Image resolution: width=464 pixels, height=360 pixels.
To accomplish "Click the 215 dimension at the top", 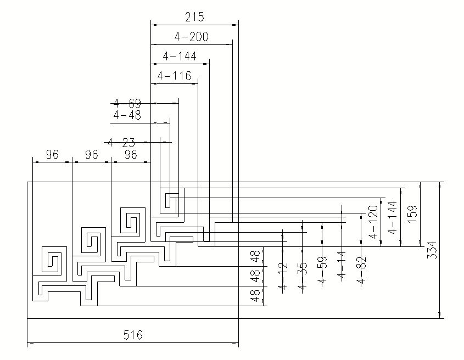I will (194, 17).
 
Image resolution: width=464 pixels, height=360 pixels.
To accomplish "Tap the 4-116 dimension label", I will (174, 76).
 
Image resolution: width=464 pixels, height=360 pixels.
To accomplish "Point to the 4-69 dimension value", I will (127, 103).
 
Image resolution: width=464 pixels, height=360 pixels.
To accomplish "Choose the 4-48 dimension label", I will (127, 115).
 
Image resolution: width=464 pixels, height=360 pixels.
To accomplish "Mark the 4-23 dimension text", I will (121, 143).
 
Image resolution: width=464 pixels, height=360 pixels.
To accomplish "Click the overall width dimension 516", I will (132, 335).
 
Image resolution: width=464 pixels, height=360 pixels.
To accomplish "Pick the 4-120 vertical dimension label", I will (373, 222).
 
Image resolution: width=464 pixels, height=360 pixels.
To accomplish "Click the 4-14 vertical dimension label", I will (341, 266).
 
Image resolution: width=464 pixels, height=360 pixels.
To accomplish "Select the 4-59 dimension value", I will (322, 271).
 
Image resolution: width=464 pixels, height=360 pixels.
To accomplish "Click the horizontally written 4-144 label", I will (180, 56).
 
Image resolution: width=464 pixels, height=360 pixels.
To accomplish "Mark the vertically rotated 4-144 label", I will (393, 217).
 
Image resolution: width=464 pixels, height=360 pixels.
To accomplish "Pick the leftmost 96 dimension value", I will (52, 155).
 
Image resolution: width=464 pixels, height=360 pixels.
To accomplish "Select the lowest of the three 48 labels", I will (255, 296).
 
